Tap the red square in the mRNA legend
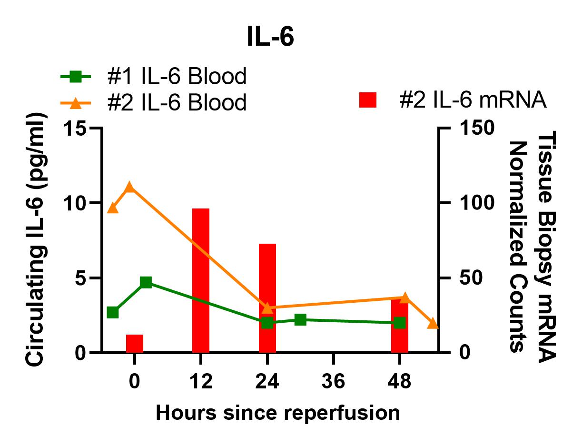368,100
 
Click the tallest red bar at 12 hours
201,280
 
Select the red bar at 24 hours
267,298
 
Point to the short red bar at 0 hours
135,343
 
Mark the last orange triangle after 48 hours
433,324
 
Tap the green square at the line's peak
146,282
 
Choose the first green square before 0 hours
113,312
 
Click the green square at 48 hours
400,323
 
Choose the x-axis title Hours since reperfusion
278,413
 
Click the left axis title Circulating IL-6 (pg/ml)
38,240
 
